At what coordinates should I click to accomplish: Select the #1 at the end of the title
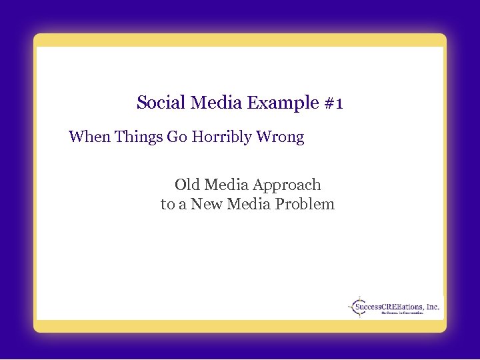(x=333, y=103)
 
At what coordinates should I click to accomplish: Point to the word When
(x=89, y=137)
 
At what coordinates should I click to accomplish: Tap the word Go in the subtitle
(x=177, y=137)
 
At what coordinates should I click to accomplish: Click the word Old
(x=187, y=185)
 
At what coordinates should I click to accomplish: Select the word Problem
(x=307, y=204)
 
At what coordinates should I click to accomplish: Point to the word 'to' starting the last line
(x=167, y=204)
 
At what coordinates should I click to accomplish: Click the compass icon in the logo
(x=359, y=307)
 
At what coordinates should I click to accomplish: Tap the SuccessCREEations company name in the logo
(x=389, y=307)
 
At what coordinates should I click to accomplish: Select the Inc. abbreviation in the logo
(x=433, y=307)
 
